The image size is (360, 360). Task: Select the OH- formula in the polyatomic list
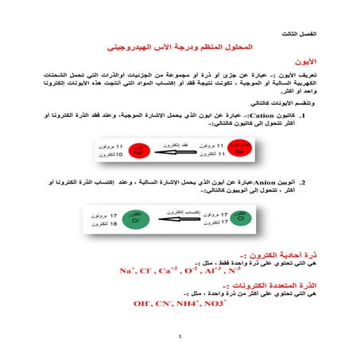(144, 304)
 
